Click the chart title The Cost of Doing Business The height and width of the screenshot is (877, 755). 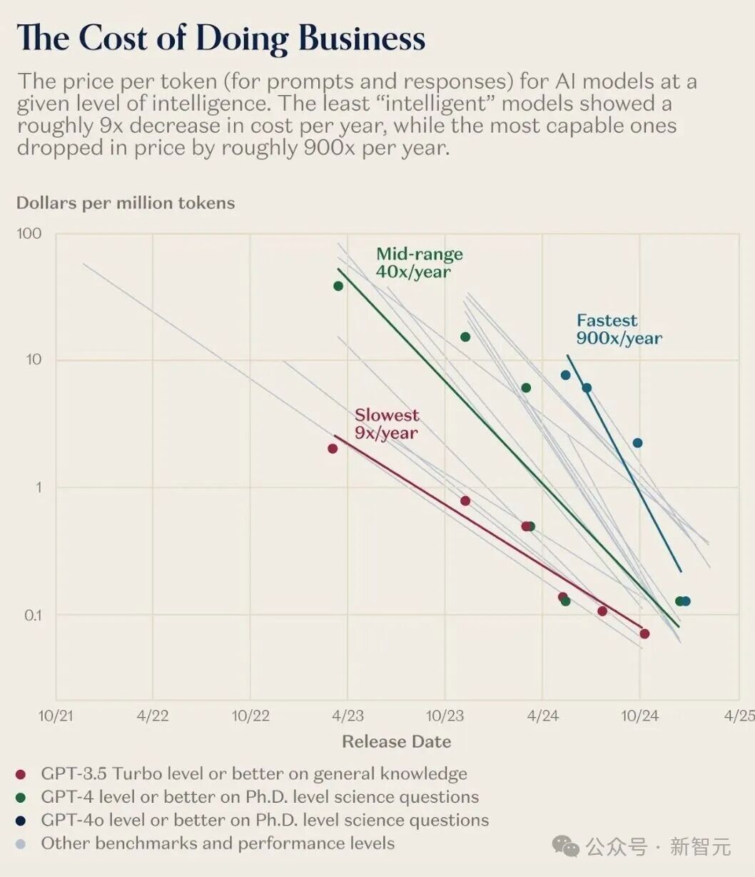(x=221, y=38)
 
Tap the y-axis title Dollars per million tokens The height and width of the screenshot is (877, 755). (x=126, y=203)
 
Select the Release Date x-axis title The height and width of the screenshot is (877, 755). (x=396, y=741)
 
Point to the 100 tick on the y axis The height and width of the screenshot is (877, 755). (x=29, y=234)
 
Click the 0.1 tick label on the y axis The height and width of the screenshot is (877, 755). (x=33, y=615)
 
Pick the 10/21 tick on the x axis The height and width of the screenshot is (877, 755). (x=56, y=716)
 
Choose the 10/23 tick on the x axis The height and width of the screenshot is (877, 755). (x=445, y=716)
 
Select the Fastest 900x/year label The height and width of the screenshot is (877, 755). (x=619, y=329)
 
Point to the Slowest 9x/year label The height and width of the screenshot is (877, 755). (x=386, y=424)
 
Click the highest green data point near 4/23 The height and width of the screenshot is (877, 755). (x=338, y=286)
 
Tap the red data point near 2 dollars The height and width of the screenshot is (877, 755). (x=333, y=448)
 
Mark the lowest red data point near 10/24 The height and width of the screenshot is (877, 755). (x=644, y=633)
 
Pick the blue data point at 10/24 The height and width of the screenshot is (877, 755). (x=637, y=443)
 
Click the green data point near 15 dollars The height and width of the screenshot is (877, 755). (x=465, y=337)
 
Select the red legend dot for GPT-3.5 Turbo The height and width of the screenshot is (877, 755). (x=20, y=774)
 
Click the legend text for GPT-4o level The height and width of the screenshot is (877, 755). (x=265, y=820)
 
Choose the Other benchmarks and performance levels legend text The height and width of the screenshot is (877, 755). (x=218, y=843)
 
